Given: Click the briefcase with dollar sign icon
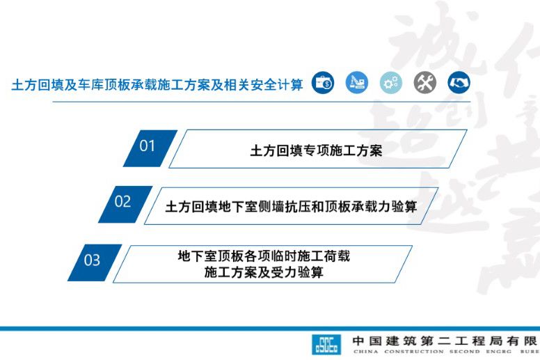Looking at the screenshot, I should pos(323,84).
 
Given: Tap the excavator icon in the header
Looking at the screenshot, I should pos(357,84).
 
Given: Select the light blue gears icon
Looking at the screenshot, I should pos(391,84).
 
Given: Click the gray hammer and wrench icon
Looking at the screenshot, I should pos(425,84).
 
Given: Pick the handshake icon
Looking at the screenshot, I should pos(459,84).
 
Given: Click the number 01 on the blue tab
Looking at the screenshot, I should pos(148,146).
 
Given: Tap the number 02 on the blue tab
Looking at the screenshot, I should pos(122,202).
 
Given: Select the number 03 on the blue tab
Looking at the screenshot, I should pos(92,260).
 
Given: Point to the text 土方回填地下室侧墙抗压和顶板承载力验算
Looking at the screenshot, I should pos(291,207).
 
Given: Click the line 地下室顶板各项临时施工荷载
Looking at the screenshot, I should pos(264,256).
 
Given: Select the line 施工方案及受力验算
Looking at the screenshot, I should pos(264,272).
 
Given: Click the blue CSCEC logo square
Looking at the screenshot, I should pos(326,343).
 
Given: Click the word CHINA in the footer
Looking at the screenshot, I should pos(365,352).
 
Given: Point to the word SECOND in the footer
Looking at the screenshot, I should pos(463,352).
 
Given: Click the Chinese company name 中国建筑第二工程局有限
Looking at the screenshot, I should pos(445,341).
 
